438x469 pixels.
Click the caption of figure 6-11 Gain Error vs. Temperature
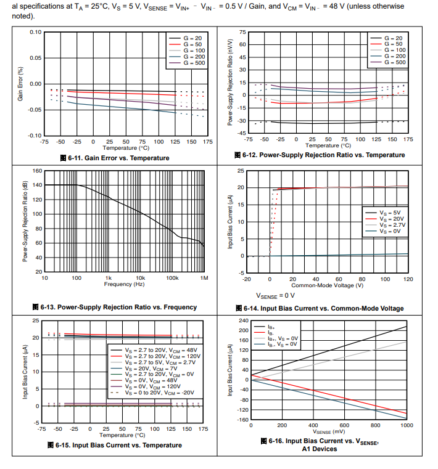tap(114, 158)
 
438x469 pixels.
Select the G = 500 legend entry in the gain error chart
tap(193, 63)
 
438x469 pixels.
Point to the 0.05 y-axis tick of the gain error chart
tap(36, 58)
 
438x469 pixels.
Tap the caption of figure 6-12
tap(320, 155)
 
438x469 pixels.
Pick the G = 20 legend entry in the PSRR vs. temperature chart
tap(394, 38)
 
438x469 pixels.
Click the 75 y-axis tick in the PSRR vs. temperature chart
tap(242, 32)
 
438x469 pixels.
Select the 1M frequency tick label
tap(204, 279)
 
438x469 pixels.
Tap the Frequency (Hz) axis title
tap(124, 285)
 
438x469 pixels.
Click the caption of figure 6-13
tap(115, 307)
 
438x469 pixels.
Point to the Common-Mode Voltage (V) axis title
tap(327, 285)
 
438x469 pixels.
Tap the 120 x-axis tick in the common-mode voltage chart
tap(408, 279)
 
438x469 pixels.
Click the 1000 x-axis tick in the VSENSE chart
tap(407, 425)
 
